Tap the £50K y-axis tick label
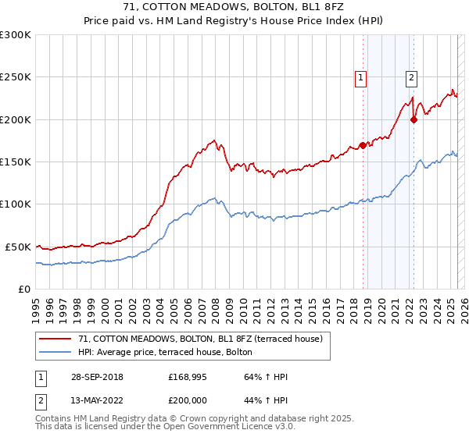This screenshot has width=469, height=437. [19, 247]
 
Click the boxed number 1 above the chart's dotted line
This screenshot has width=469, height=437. [361, 76]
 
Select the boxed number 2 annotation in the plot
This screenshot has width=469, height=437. [411, 76]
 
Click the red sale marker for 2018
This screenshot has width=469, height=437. [363, 145]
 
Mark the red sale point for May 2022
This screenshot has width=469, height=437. [414, 119]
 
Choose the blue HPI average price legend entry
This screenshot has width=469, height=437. [164, 352]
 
